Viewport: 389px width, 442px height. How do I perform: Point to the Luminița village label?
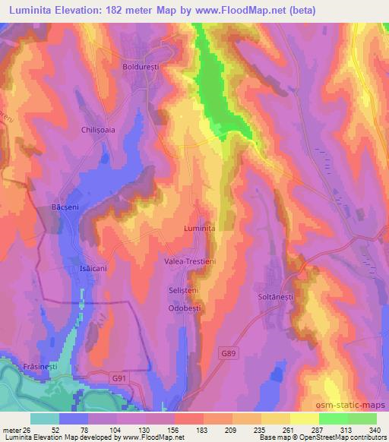pyautogui.click(x=200, y=227)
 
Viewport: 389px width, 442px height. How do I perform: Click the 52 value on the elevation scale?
pyautogui.click(x=45, y=429)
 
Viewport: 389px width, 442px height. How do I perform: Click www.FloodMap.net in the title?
pyautogui.click(x=236, y=11)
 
